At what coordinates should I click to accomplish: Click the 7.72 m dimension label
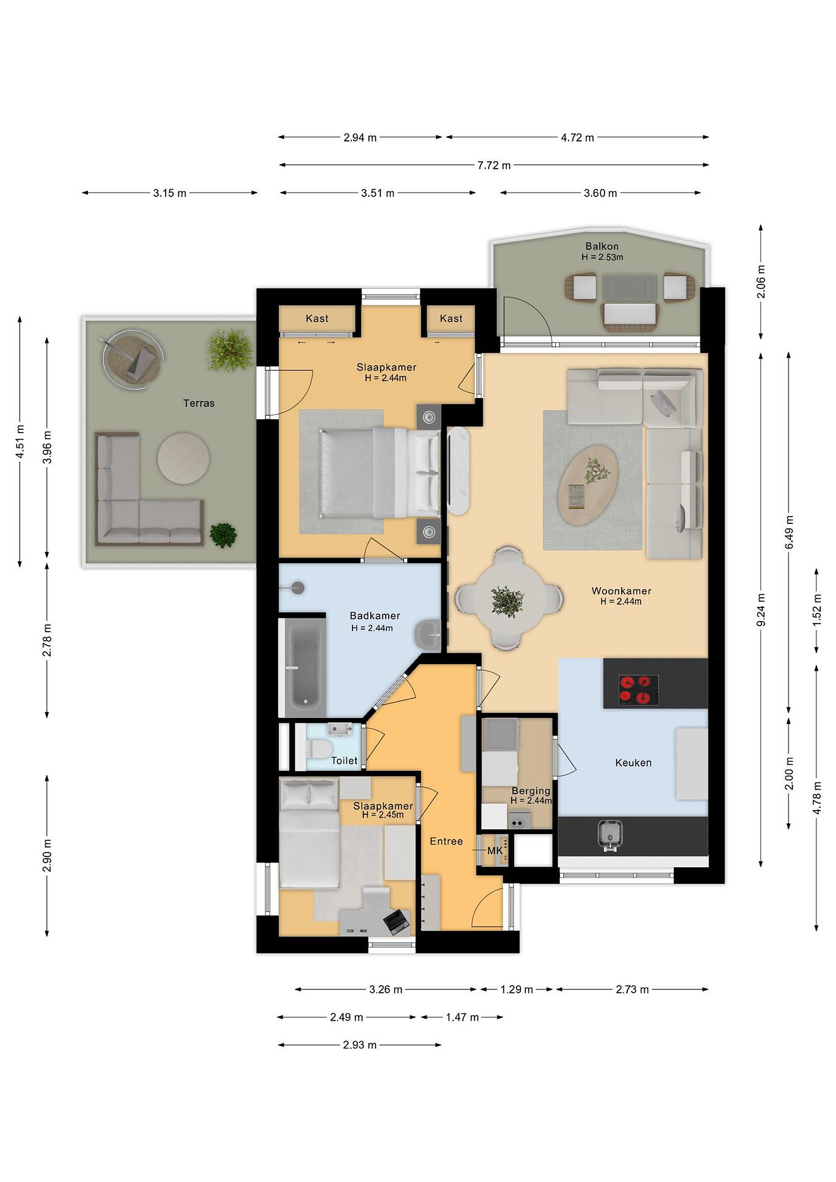click(x=494, y=165)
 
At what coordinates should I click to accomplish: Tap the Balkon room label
click(x=602, y=246)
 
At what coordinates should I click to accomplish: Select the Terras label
click(x=199, y=403)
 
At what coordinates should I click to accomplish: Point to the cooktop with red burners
click(x=638, y=690)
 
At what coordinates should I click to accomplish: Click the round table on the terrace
click(x=183, y=458)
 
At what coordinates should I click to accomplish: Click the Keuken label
click(x=633, y=763)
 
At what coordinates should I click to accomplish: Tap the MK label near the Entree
click(x=495, y=851)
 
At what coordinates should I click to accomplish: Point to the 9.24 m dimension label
click(x=762, y=609)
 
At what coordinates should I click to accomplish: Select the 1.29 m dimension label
click(x=516, y=990)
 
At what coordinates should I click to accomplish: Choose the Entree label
click(x=446, y=841)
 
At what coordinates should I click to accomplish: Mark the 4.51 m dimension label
click(x=20, y=442)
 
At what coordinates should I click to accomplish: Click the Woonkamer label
click(x=621, y=591)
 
